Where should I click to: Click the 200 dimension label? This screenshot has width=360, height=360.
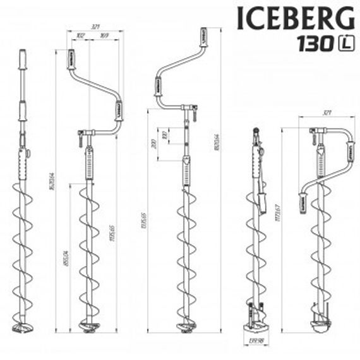click(x=153, y=143)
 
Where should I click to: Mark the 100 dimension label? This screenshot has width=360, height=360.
click(x=164, y=136)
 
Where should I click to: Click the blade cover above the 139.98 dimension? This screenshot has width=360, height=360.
click(x=258, y=322)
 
